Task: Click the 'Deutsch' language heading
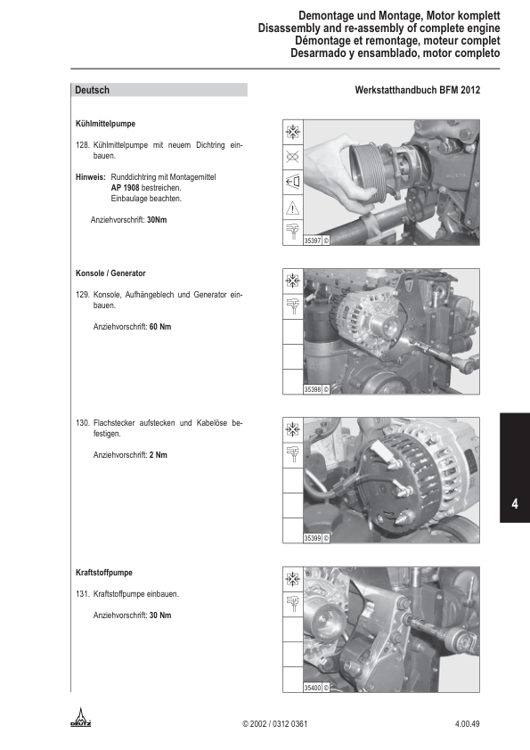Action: pos(92,90)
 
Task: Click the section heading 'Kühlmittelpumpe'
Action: pos(105,124)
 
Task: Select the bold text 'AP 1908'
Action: pos(125,187)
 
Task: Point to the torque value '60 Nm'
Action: pos(160,327)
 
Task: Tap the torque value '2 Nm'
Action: pos(159,455)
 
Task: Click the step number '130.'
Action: pos(83,423)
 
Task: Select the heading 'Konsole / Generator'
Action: pos(110,273)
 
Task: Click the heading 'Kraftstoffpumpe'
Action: pos(104,573)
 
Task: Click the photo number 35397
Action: pos(313,240)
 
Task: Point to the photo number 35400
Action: pos(313,688)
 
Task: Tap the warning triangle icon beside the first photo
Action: pos(293,208)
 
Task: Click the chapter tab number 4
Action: pos(515,503)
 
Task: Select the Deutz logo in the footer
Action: pos(81,717)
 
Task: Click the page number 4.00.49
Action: pos(467,723)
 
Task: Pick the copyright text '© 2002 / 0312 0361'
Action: pos(274,723)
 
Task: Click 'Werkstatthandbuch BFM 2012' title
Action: pos(418,90)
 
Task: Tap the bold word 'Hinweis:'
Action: pos(90,177)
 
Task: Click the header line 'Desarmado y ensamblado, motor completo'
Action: pos(395,53)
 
